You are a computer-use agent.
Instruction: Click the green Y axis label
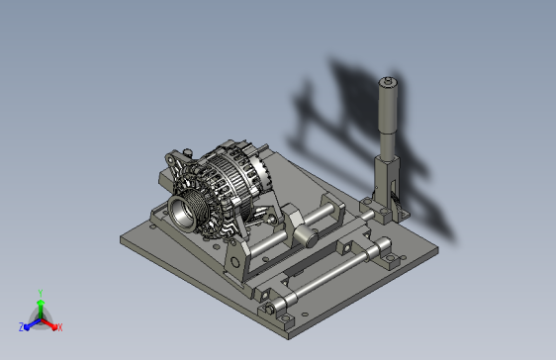(x=41, y=293)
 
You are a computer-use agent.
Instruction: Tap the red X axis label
(x=60, y=327)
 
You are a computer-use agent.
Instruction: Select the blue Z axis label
(x=22, y=327)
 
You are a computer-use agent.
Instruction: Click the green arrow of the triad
(x=41, y=309)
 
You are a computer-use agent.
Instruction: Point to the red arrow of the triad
(x=48, y=323)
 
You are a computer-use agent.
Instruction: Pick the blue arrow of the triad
(x=33, y=323)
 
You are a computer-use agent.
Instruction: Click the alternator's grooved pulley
(x=187, y=212)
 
